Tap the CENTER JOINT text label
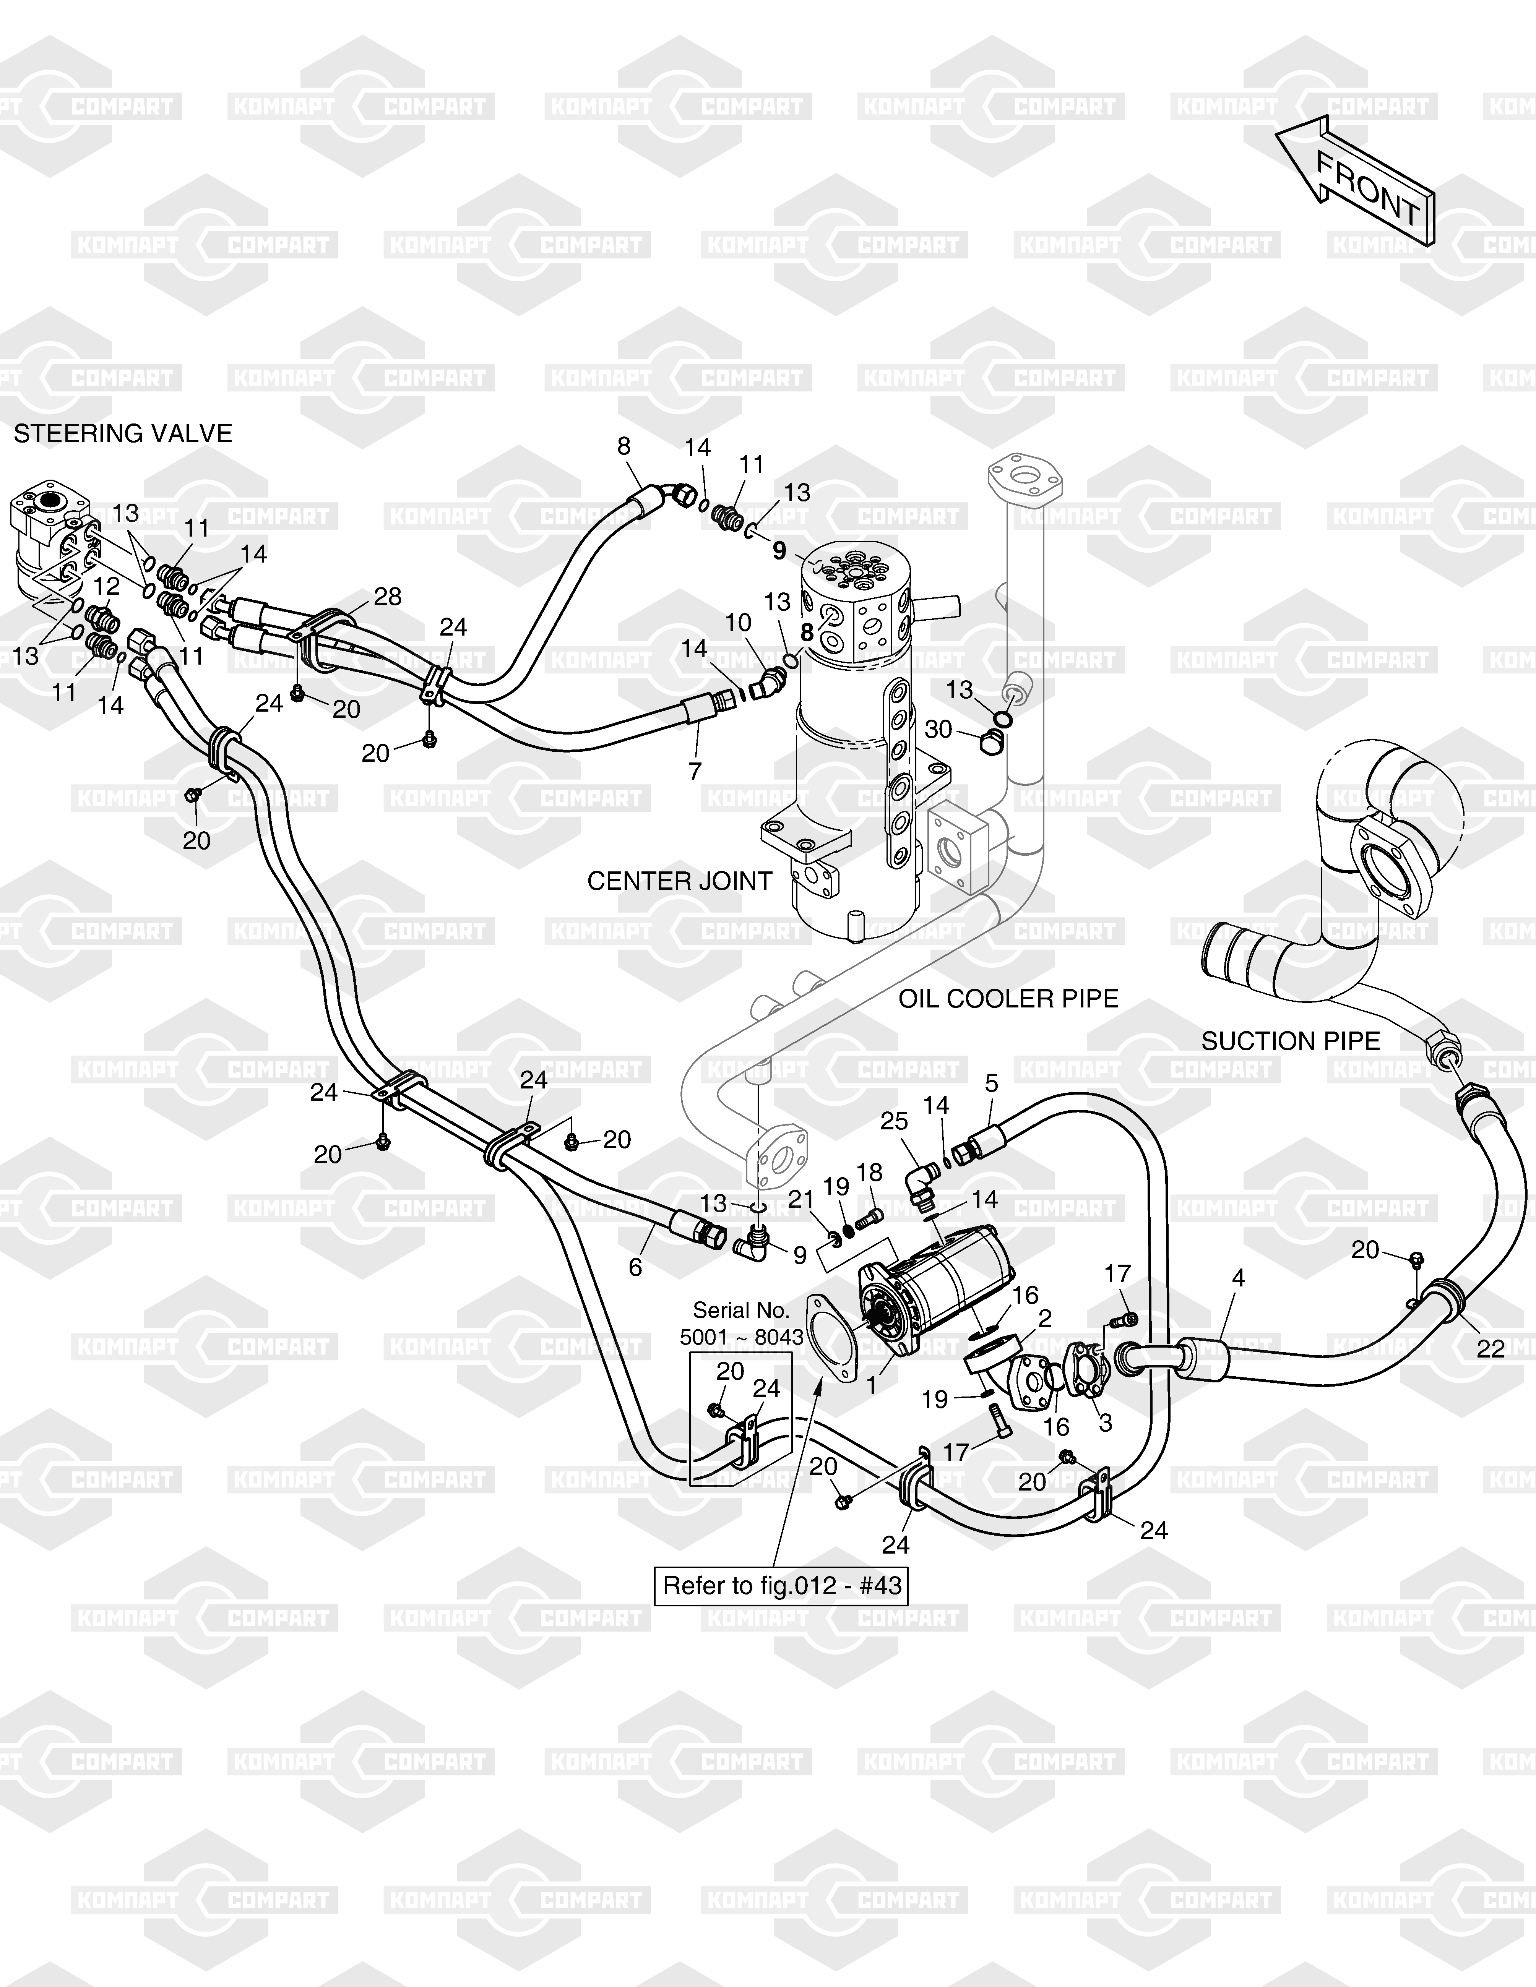tap(680, 881)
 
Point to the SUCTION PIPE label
tap(1290, 1041)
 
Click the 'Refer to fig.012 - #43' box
tap(782, 1586)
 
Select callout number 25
tap(895, 1122)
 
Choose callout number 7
tap(695, 772)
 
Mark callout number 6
tap(635, 1267)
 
